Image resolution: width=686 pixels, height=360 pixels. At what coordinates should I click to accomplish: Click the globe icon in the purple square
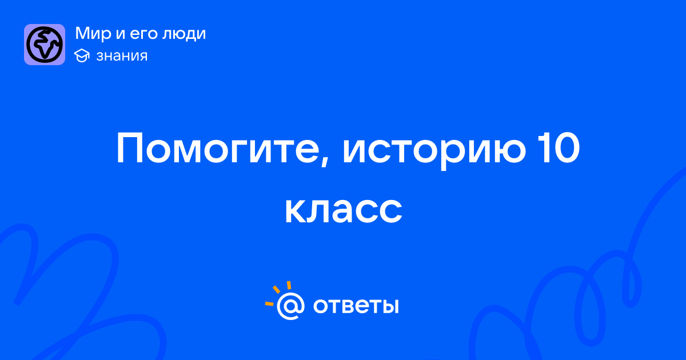click(45, 45)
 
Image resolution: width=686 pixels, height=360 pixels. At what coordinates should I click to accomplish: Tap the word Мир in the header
click(93, 34)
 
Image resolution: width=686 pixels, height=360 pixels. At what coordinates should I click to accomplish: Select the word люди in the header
click(184, 34)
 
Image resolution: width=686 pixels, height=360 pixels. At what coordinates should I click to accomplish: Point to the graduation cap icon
click(82, 55)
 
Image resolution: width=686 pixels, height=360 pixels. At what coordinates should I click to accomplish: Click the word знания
click(122, 56)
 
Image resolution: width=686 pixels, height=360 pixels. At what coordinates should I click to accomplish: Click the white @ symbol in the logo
click(290, 306)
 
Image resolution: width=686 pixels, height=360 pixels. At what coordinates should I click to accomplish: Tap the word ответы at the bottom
click(356, 306)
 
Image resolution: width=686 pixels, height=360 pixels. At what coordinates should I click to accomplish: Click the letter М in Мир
click(83, 33)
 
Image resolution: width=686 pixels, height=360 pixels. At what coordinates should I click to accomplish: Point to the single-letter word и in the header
click(121, 35)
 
